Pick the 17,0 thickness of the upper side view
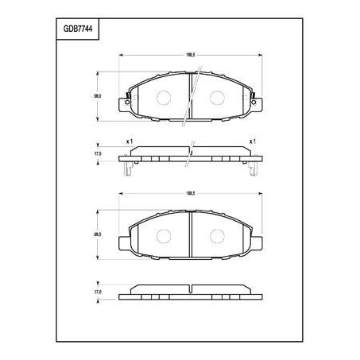[98, 154]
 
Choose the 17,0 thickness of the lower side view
[98, 292]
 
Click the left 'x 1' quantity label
[129, 141]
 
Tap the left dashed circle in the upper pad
[164, 98]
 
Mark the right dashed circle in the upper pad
[216, 98]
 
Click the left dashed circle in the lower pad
[164, 237]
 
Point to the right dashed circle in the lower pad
[216, 237]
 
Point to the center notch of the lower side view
[190, 285]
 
